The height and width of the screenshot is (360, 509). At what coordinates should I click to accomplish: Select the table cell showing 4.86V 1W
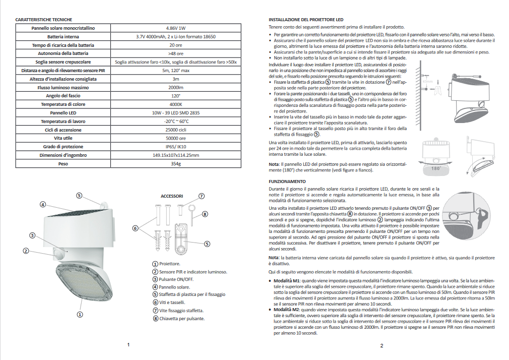click(175, 28)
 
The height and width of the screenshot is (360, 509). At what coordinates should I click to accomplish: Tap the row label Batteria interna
click(63, 37)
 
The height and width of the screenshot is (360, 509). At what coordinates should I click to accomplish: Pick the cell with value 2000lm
click(175, 88)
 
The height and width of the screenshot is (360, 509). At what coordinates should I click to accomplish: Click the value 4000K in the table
click(175, 104)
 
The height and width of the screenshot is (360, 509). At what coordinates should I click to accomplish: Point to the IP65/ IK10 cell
click(175, 147)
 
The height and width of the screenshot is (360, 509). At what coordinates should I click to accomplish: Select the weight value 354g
click(175, 164)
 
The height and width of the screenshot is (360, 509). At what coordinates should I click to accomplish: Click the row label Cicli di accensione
click(63, 130)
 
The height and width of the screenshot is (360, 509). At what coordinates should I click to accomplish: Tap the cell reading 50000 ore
click(175, 138)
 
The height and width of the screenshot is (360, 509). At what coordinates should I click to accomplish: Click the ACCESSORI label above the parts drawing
click(171, 196)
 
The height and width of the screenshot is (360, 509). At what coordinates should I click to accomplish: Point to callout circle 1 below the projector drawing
click(79, 314)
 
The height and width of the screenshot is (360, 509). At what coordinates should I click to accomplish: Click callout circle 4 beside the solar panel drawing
click(43, 205)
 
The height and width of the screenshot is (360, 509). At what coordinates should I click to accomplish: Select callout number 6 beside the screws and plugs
click(135, 228)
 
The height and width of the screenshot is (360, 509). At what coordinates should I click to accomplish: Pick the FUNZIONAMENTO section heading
click(287, 182)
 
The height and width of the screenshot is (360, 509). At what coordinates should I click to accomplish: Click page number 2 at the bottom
click(381, 345)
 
